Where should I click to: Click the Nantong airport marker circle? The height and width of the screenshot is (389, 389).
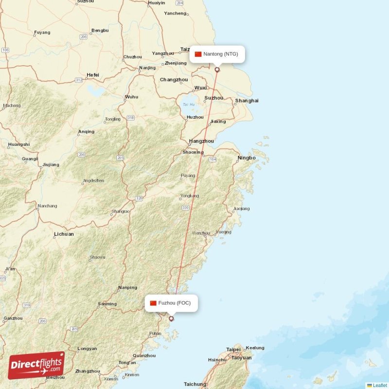pos(217,70)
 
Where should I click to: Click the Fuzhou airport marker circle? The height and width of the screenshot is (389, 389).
pos(171,319)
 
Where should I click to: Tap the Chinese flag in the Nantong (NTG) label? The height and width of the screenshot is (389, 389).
pos(198,54)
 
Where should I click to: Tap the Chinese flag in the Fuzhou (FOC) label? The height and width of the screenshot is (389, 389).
pos(153,303)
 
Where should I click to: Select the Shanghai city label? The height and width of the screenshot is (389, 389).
pos(247,101)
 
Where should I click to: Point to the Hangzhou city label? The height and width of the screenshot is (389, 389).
pos(201,141)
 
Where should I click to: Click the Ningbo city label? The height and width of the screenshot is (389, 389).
pos(247,158)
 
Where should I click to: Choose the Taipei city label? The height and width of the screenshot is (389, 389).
pos(233,349)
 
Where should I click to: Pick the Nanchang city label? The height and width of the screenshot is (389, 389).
pos(47,206)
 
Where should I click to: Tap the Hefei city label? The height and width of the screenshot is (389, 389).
pos(92,75)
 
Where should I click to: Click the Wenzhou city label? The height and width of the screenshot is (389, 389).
pos(201,233)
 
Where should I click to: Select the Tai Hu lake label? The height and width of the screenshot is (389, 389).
pos(188,105)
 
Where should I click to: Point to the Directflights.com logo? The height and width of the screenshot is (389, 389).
pos(36,365)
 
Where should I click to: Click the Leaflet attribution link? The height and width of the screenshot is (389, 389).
pos(379,385)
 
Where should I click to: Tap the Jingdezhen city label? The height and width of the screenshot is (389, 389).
pos(93,180)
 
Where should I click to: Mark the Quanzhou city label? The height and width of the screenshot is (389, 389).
pos(144,355)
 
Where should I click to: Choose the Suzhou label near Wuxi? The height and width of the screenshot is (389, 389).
pos(214,98)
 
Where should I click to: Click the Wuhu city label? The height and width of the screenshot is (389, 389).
pos(131,97)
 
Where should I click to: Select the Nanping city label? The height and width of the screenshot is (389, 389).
pos(127,288)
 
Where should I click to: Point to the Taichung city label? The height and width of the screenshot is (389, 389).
pos(195,384)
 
